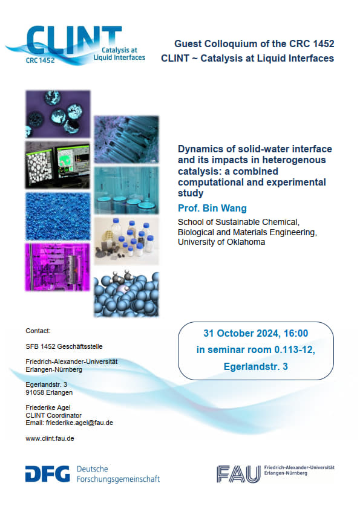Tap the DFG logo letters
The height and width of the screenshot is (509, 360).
click(x=47, y=473)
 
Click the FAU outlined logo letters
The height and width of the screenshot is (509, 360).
click(x=238, y=474)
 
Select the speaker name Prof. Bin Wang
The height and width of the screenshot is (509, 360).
click(x=212, y=208)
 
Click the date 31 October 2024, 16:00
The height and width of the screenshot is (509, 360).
click(x=256, y=333)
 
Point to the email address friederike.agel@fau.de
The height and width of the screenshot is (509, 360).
click(x=79, y=423)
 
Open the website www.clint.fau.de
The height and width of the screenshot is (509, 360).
click(x=50, y=438)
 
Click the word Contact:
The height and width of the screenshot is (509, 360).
click(x=38, y=331)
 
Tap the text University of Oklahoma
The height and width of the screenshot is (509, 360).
click(x=221, y=242)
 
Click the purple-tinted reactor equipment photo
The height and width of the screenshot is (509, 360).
click(x=57, y=267)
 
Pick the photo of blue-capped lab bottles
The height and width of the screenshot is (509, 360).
click(x=126, y=241)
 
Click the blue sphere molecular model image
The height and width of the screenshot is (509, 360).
click(x=126, y=293)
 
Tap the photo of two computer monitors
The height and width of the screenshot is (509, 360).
click(x=57, y=165)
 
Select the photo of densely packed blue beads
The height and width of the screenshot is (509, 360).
click(x=57, y=216)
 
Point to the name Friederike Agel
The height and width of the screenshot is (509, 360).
click(x=48, y=407)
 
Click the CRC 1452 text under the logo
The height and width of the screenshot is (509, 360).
click(x=41, y=60)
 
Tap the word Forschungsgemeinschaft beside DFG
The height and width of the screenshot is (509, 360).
click(x=118, y=479)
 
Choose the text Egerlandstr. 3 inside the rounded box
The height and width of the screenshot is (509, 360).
click(x=256, y=366)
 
